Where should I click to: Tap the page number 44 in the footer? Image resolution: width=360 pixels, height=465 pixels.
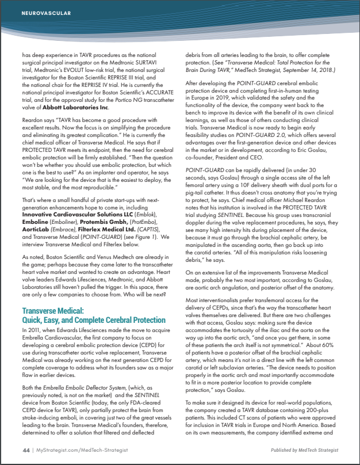click(26, 449)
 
